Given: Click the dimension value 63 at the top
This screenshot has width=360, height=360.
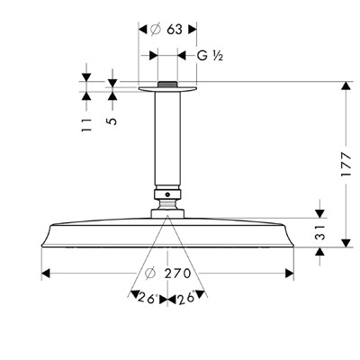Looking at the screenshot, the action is (175, 30).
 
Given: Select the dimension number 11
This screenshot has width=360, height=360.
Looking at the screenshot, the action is (86, 125).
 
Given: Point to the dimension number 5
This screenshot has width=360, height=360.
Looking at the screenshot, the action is (112, 121).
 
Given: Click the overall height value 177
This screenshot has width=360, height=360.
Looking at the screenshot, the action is (346, 165).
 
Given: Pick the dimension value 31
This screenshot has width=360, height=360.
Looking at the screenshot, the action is (320, 232).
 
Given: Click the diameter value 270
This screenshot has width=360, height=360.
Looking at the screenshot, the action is (177, 274).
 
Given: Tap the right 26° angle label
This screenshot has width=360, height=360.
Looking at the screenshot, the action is (186, 298).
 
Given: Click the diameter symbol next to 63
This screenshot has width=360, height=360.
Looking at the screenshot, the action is (155, 30).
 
